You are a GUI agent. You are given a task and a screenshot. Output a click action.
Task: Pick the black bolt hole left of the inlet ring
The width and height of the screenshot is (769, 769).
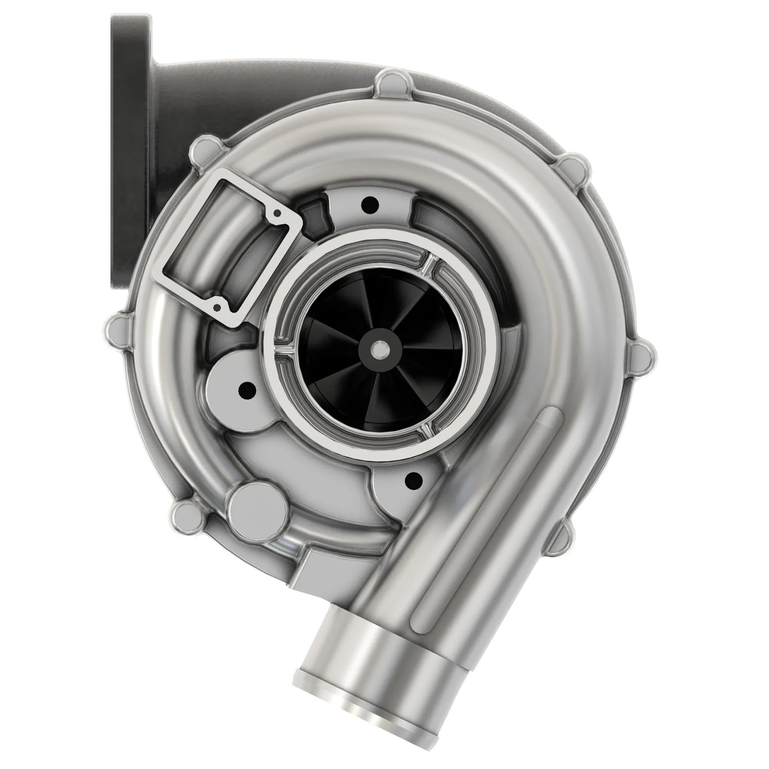tap(247, 390)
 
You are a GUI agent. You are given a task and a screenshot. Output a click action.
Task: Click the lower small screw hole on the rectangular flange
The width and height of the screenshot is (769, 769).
tap(217, 307)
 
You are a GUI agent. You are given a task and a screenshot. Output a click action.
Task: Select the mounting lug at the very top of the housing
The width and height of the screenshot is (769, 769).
tap(390, 82)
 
